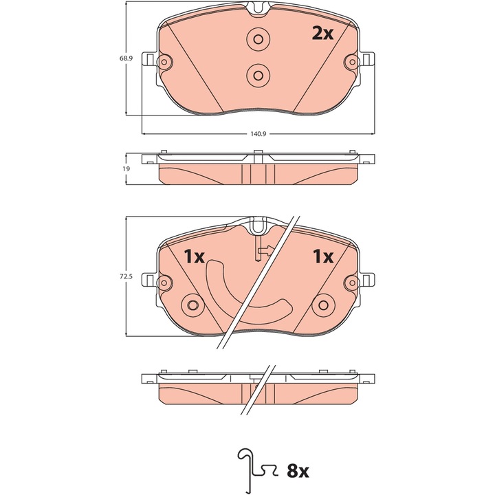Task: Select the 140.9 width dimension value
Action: coord(258,134)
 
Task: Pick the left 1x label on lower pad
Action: coord(195,256)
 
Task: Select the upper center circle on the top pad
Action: coord(258,38)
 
